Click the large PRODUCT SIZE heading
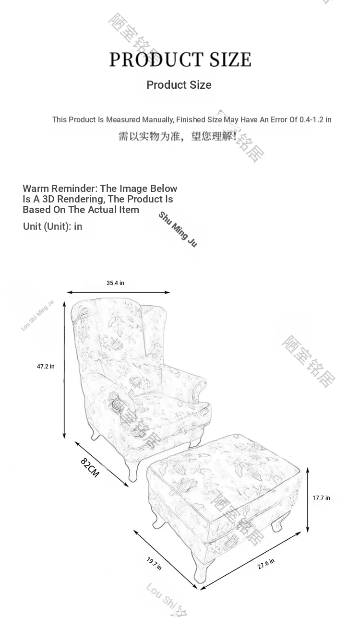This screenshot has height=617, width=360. (180, 59)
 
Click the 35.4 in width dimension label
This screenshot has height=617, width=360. (115, 283)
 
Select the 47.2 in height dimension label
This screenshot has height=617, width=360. (46, 367)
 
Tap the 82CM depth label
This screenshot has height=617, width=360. (90, 468)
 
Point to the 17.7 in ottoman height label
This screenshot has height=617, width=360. (321, 498)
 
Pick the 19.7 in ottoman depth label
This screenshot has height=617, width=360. (154, 564)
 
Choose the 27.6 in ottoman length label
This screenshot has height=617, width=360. (266, 564)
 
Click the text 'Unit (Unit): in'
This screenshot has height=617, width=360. (52, 226)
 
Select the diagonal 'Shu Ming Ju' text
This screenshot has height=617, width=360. (178, 229)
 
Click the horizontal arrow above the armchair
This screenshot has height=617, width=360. (118, 292)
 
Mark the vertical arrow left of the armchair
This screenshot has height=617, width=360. (64, 367)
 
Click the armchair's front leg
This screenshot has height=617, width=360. (132, 470)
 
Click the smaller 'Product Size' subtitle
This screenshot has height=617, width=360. (179, 85)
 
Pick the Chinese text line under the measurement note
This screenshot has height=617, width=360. (178, 137)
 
